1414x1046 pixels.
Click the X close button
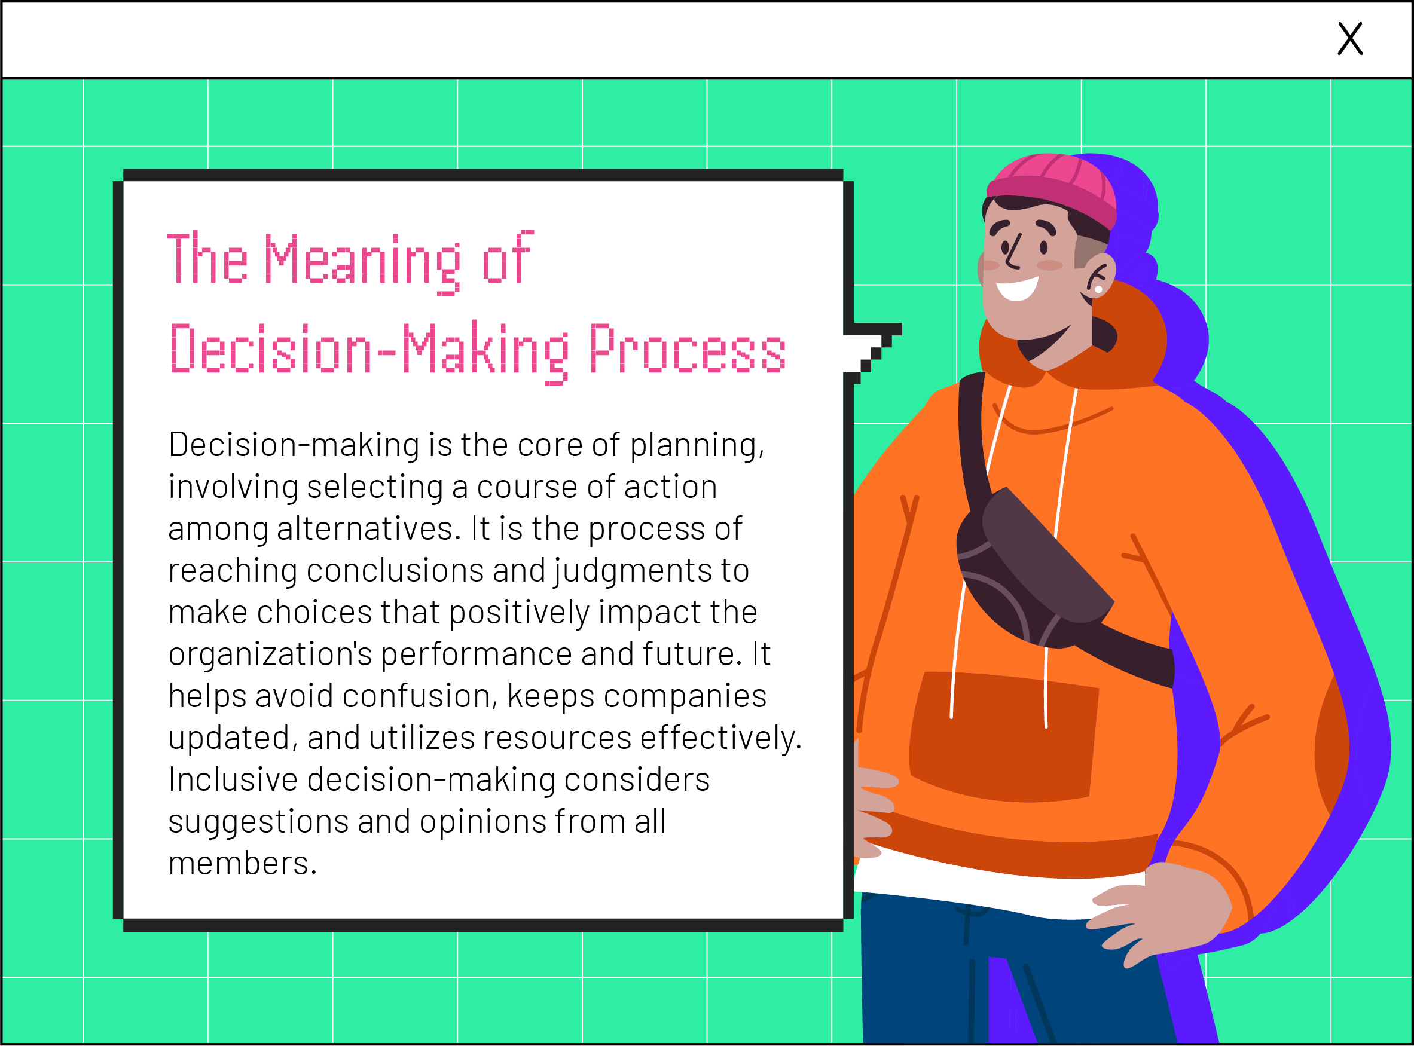(1349, 39)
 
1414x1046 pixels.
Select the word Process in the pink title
(687, 349)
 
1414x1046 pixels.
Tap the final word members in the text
(242, 863)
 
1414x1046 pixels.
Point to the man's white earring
(1099, 289)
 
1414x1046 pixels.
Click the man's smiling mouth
(1017, 288)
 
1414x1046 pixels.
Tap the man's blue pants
(1013, 975)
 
